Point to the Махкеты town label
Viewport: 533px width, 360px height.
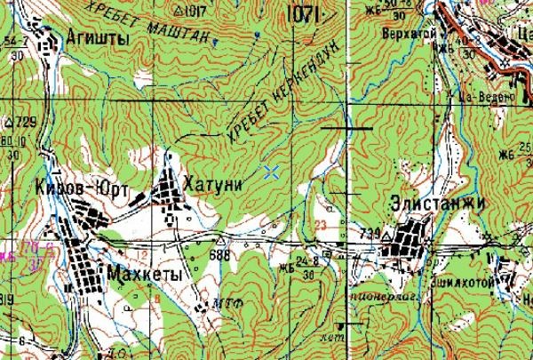(x=143, y=275)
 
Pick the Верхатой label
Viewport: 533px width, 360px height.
(x=398, y=31)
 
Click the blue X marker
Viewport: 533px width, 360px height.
(x=272, y=172)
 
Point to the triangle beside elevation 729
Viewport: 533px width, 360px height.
(x=8, y=121)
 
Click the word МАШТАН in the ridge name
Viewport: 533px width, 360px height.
(x=185, y=35)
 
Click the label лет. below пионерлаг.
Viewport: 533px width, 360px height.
(x=334, y=338)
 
